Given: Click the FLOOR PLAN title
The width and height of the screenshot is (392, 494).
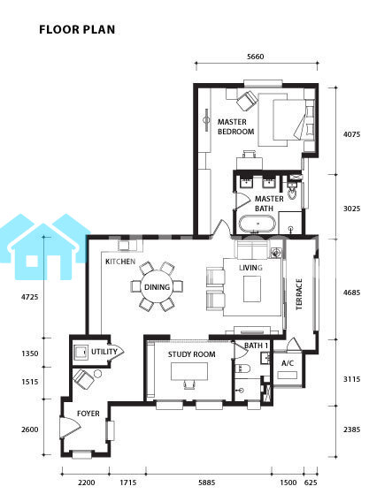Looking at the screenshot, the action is coord(77,29).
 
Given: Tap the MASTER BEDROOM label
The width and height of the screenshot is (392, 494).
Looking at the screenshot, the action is coord(235,126).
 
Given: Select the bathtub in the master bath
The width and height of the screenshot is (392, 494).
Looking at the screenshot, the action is coord(257,224).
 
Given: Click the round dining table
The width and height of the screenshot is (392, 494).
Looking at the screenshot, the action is coord(157,287).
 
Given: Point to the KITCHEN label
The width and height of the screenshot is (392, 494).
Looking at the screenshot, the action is coord(120,262).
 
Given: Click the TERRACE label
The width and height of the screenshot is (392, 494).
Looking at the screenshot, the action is coord(299,294).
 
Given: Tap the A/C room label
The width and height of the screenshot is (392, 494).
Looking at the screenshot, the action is coord(288,363).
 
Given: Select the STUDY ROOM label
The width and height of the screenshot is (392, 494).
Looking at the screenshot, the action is coord(192,354).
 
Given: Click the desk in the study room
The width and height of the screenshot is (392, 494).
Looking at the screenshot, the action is coord(189,371).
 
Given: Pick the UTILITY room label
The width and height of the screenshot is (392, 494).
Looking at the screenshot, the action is coord(104,352).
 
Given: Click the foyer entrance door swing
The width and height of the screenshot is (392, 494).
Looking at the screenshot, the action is coord(70,427).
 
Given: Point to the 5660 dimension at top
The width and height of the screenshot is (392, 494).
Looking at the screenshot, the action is coord(256,57).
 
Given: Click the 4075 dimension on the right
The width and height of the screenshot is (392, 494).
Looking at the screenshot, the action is coord(351,134).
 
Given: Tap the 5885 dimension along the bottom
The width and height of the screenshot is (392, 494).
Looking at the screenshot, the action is coord(207,483).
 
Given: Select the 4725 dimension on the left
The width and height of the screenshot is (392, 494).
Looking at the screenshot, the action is coord(30,297).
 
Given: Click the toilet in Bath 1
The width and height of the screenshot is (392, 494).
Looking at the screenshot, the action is coord(242,369).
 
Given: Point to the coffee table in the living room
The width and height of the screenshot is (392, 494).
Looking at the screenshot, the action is coord(252,289).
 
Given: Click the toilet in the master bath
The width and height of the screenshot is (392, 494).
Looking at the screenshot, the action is coord(292,191).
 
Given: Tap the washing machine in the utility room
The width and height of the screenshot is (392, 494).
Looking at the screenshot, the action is coord(81,353).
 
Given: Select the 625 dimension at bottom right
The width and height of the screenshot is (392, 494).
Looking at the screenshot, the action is coord(311,483).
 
